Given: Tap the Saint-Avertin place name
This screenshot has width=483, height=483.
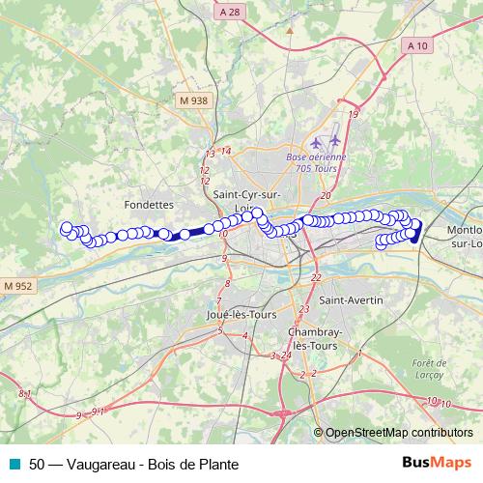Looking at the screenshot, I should click(352, 300).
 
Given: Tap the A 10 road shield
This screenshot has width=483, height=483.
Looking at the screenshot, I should click(417, 45).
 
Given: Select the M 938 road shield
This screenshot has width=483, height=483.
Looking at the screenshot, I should click(192, 100).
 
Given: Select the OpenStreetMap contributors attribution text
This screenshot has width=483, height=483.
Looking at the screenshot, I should click(398, 432).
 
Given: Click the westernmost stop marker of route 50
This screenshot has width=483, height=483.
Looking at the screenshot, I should click(67, 229).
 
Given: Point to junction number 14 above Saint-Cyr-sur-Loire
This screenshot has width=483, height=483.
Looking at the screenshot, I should click(226, 150).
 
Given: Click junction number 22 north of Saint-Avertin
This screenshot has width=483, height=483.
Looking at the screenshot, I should click(316, 278).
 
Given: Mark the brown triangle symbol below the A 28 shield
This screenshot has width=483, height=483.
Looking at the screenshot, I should click(288, 31).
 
